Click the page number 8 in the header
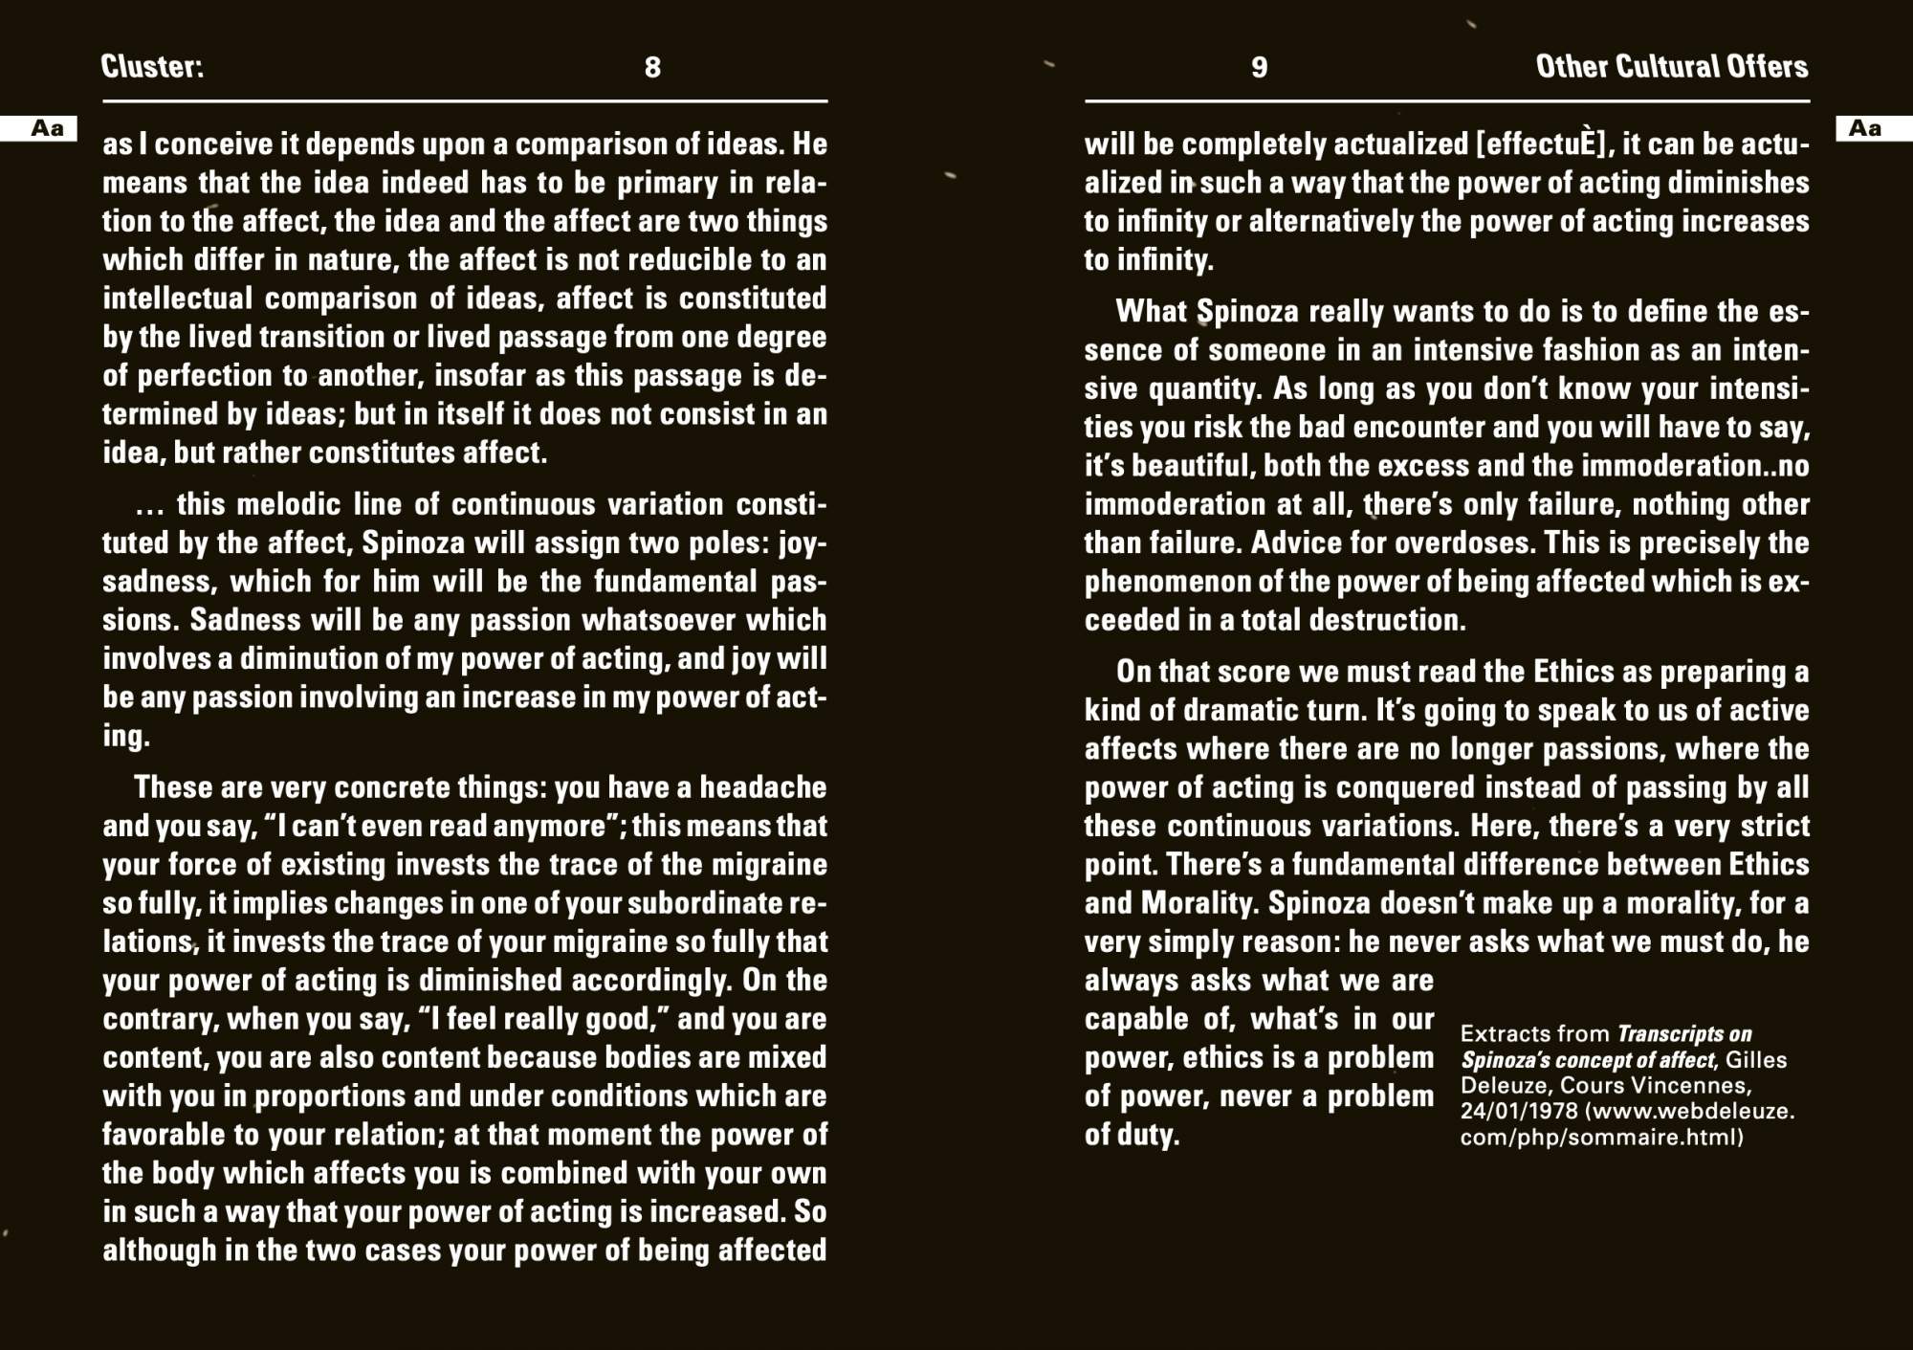point(652,67)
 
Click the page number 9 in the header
point(1259,67)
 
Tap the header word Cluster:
point(152,66)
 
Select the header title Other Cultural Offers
point(1671,66)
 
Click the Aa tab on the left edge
point(46,128)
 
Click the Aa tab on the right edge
point(1865,128)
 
